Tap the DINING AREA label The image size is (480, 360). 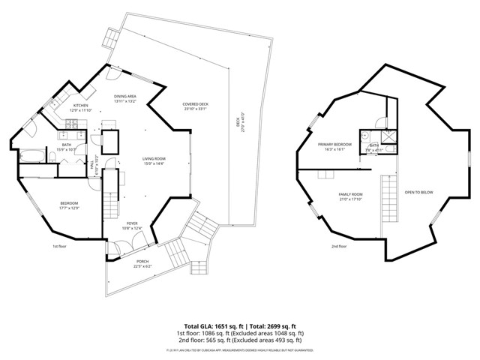point(125,97)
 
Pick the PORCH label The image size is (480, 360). point(142,262)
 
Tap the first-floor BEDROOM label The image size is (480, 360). point(69,203)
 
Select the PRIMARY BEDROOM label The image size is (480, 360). point(334,145)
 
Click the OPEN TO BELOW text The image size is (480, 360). point(419,192)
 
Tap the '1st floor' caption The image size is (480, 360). point(60,246)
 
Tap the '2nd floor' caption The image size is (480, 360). point(338,246)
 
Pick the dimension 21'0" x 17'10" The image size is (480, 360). point(351,199)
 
